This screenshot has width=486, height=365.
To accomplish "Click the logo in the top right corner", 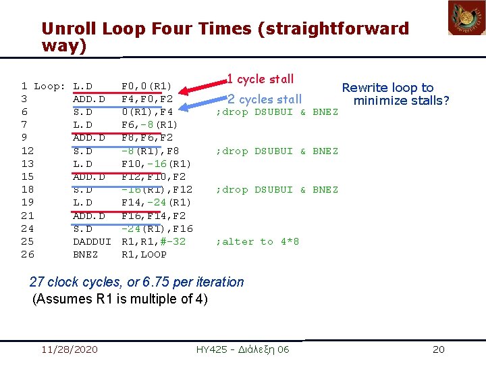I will (x=466, y=18).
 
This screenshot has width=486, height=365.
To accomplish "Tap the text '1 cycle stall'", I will (x=260, y=79).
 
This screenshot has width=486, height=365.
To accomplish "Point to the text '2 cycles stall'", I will (x=265, y=99).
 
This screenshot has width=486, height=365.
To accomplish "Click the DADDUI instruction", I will (x=91, y=241).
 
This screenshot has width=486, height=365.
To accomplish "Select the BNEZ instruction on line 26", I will (x=85, y=254).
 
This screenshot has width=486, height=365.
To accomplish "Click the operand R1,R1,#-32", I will (x=153, y=241).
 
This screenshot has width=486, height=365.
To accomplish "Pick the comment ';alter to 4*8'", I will (x=257, y=241).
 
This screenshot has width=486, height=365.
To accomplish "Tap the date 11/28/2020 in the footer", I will (x=70, y=349).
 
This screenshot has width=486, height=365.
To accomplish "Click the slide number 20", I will (x=438, y=349).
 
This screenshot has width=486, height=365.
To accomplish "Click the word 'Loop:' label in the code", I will (x=51, y=86).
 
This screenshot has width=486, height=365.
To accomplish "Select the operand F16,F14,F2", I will (x=153, y=216).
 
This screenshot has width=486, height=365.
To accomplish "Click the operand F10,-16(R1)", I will (x=156, y=164).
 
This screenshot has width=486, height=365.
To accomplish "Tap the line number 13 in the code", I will (x=27, y=164).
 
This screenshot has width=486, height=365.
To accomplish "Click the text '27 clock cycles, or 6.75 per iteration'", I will (x=137, y=282).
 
